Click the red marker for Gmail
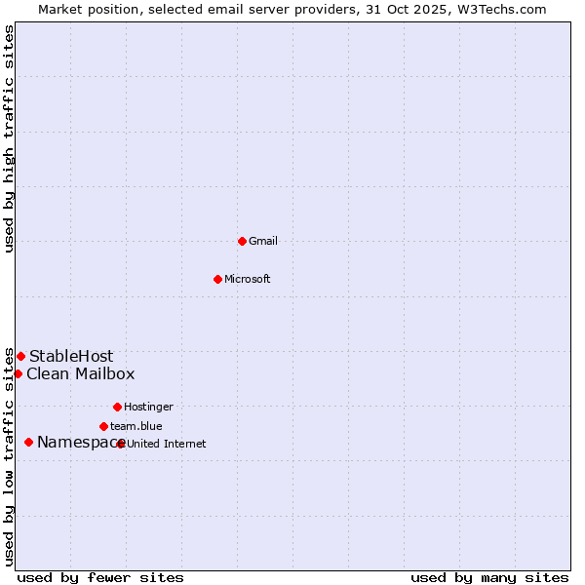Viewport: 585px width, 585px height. click(x=242, y=241)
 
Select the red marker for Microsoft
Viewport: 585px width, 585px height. click(x=218, y=279)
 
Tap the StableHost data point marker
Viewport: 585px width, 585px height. click(x=20, y=356)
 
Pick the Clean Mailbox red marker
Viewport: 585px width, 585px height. click(x=18, y=373)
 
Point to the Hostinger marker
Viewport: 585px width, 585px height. click(x=117, y=407)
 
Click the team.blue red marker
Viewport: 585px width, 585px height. click(x=103, y=426)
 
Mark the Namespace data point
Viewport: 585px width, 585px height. click(x=28, y=442)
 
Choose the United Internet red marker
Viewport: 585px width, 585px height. click(x=120, y=444)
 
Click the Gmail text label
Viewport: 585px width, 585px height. click(x=263, y=241)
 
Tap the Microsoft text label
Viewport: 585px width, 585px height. click(x=248, y=279)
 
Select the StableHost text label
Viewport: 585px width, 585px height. click(x=71, y=356)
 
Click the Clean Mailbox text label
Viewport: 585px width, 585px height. click(x=80, y=373)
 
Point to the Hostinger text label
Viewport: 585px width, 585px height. click(x=148, y=407)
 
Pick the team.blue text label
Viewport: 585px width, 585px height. click(x=136, y=426)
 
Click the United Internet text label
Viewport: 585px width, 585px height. click(x=167, y=444)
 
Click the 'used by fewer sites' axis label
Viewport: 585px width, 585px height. click(x=100, y=577)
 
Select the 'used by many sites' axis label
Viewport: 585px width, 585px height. click(x=489, y=577)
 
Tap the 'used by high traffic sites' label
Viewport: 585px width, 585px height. click(x=9, y=138)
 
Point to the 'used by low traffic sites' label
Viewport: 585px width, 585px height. click(x=9, y=456)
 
